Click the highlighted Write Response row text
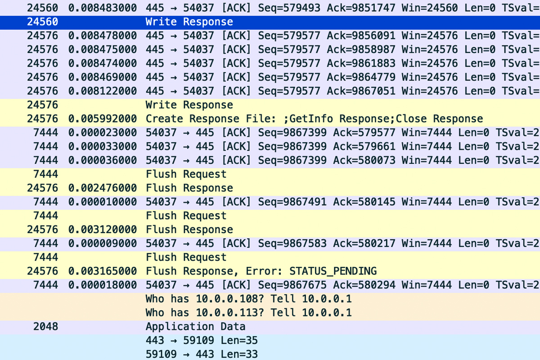(x=189, y=22)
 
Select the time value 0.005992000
(x=103, y=119)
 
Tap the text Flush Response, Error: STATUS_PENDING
(x=261, y=271)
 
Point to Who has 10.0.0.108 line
(x=248, y=299)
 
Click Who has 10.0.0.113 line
(x=248, y=312)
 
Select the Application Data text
(x=195, y=326)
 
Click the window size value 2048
(x=45, y=326)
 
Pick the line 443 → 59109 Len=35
(x=201, y=340)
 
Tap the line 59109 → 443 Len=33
(x=201, y=354)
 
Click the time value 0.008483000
(x=103, y=8)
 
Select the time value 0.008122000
(x=103, y=91)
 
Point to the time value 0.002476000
(x=103, y=188)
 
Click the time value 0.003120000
(x=103, y=229)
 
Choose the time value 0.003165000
(x=103, y=271)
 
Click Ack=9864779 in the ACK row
(x=361, y=77)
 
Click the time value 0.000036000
(x=103, y=160)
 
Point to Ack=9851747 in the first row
(x=361, y=8)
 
